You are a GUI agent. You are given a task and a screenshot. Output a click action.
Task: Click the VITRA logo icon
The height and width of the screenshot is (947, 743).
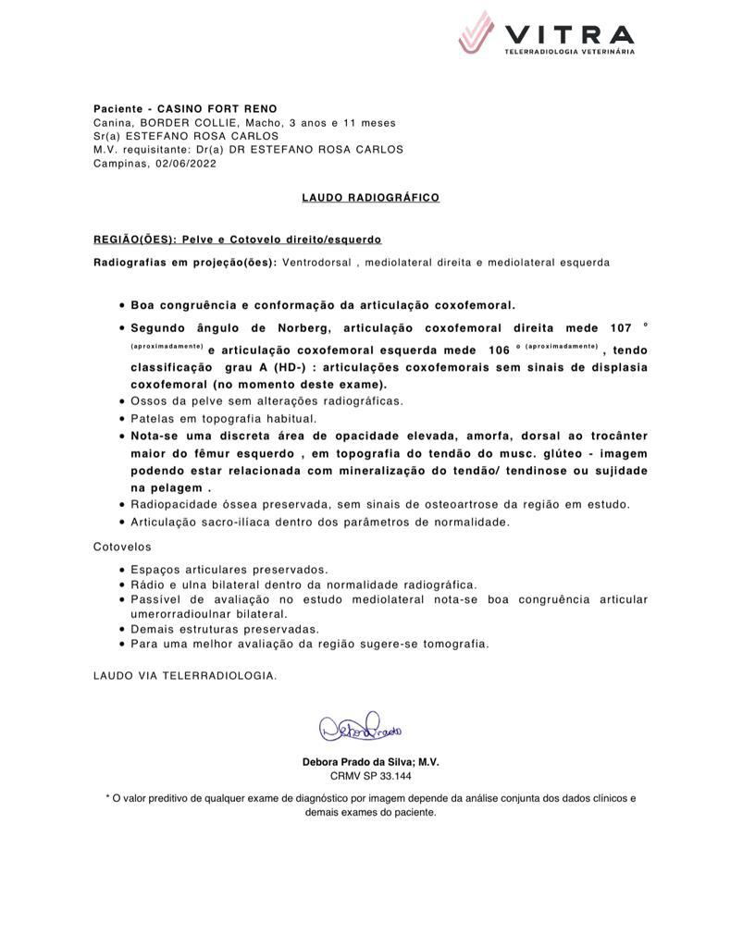pyautogui.click(x=477, y=32)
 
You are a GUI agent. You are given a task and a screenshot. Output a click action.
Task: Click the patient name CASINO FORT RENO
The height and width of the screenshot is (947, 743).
pyautogui.click(x=217, y=109)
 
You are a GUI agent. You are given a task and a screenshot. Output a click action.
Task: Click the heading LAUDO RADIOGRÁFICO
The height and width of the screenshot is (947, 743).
pyautogui.click(x=370, y=198)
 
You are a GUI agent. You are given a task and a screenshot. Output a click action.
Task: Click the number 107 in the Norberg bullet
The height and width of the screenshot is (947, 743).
pyautogui.click(x=621, y=328)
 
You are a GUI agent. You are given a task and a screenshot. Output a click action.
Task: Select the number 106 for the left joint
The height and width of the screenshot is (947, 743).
pyautogui.click(x=498, y=351)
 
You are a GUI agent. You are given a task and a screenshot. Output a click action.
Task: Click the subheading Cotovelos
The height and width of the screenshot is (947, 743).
pyautogui.click(x=122, y=547)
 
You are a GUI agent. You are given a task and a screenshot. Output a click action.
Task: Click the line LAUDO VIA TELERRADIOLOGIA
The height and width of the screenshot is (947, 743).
pyautogui.click(x=185, y=675)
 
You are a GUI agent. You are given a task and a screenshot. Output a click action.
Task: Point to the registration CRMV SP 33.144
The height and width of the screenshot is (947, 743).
pyautogui.click(x=370, y=776)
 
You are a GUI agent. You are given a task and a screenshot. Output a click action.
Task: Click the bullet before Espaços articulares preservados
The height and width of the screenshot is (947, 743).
pyautogui.click(x=123, y=571)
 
